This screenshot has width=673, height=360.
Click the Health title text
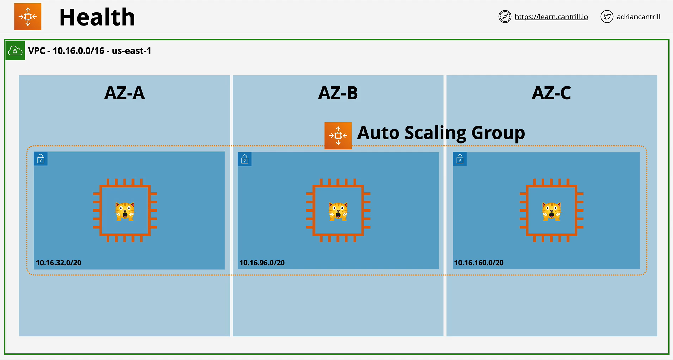click(x=97, y=17)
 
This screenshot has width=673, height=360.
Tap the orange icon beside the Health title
click(x=28, y=17)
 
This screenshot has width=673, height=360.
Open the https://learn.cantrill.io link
click(x=551, y=17)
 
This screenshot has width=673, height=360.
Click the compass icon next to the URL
click(x=505, y=17)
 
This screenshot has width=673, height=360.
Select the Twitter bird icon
click(x=607, y=17)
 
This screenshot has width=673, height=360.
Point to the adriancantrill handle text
click(x=638, y=17)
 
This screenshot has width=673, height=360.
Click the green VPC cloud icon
click(x=15, y=50)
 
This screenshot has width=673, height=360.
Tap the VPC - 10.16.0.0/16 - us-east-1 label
click(x=90, y=51)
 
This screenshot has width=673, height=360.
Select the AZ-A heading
click(x=125, y=93)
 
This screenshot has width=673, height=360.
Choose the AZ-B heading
click(x=338, y=93)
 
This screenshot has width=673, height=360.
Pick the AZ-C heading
click(x=552, y=93)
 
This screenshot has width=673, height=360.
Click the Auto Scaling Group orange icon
click(x=338, y=135)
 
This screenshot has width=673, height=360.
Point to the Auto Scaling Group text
click(x=441, y=133)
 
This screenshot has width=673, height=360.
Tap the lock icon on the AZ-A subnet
click(x=41, y=159)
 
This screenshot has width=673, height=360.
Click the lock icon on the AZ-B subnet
click(x=245, y=159)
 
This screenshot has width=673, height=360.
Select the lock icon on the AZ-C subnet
click(x=460, y=159)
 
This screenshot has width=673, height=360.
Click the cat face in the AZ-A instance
click(x=125, y=211)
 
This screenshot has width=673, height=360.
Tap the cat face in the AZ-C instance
click(x=552, y=211)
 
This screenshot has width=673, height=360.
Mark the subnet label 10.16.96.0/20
click(x=262, y=263)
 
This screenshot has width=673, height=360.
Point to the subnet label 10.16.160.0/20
click(x=479, y=263)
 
